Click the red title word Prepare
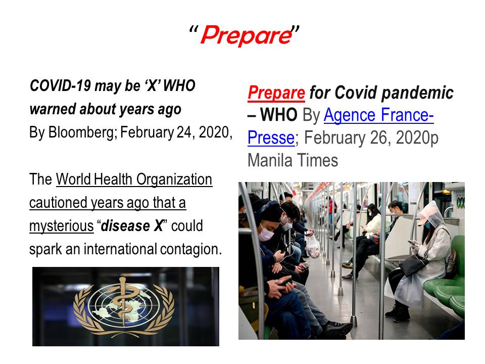click(247, 35)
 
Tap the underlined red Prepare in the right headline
click(276, 93)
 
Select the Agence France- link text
click(378, 115)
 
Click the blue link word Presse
click(271, 138)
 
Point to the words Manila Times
click(293, 160)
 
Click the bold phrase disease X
click(132, 225)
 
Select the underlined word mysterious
click(61, 226)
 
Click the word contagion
click(191, 249)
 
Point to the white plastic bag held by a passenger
click(313, 246)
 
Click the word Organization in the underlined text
click(174, 179)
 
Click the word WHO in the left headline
click(179, 86)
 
